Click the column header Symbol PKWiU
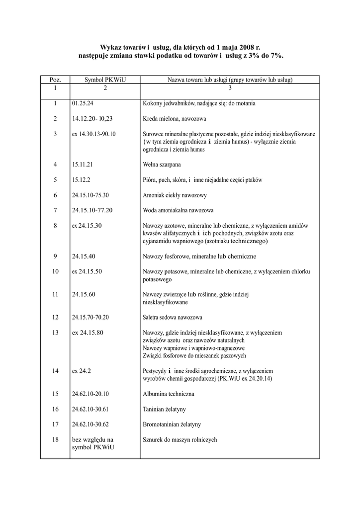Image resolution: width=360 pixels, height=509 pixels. point(105,80)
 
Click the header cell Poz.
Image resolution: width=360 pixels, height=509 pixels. point(55,80)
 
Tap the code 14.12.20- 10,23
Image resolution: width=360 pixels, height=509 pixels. point(92,119)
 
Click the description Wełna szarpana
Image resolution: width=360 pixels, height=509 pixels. point(162,165)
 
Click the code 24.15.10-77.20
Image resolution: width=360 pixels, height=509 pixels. point(92,210)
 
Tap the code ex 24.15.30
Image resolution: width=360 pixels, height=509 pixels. point(87,226)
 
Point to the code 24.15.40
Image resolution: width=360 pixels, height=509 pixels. point(84,256)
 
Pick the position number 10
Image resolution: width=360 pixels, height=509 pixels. point(55,271)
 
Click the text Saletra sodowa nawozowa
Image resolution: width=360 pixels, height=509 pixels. point(173,317)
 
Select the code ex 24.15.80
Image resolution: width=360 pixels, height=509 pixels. point(88,333)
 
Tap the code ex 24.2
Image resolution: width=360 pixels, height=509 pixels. point(82,371)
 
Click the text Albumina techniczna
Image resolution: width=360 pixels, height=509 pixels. point(169,394)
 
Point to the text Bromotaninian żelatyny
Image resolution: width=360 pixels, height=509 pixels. point(172,424)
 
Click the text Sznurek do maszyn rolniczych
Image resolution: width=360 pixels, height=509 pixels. point(180,440)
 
